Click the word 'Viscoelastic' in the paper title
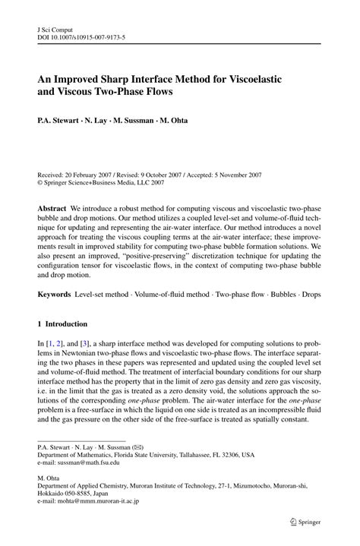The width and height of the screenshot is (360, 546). (x=269, y=77)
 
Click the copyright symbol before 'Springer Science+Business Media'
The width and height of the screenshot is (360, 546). (x=40, y=182)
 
